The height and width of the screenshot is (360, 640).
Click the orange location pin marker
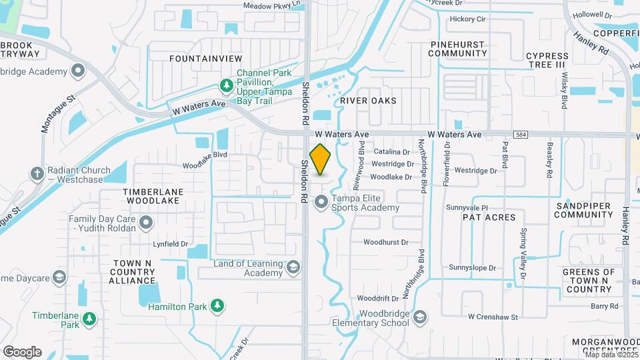click(321, 160)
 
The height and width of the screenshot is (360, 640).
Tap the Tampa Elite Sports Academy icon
click(321, 201)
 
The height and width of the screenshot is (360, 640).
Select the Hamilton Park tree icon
click(216, 305)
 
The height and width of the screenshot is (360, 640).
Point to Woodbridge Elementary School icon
click(419, 317)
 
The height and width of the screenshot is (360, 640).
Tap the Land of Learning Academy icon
click(292, 269)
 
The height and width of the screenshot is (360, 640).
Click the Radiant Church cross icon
click(37, 173)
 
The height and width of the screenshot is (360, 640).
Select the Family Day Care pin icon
click(146, 223)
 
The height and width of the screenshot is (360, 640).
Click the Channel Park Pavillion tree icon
click(226, 86)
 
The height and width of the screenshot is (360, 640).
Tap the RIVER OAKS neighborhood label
click(368, 101)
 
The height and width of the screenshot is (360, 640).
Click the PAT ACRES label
click(490, 217)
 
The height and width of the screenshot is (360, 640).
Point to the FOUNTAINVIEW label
click(201, 59)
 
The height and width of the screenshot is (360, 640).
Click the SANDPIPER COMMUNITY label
click(583, 210)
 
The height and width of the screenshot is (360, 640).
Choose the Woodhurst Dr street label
click(385, 242)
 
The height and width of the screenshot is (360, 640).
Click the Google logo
click(22, 352)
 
